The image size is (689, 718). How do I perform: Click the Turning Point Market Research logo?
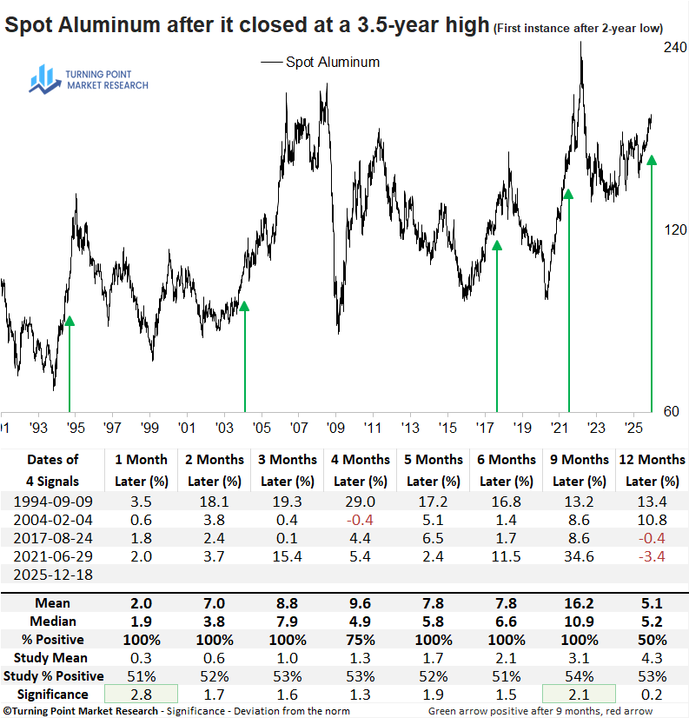[88, 81]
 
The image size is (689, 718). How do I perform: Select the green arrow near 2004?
[244, 356]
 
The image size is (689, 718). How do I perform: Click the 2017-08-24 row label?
[52, 537]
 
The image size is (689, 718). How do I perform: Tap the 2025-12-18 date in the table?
[52, 574]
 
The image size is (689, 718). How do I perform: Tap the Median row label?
[52, 622]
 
